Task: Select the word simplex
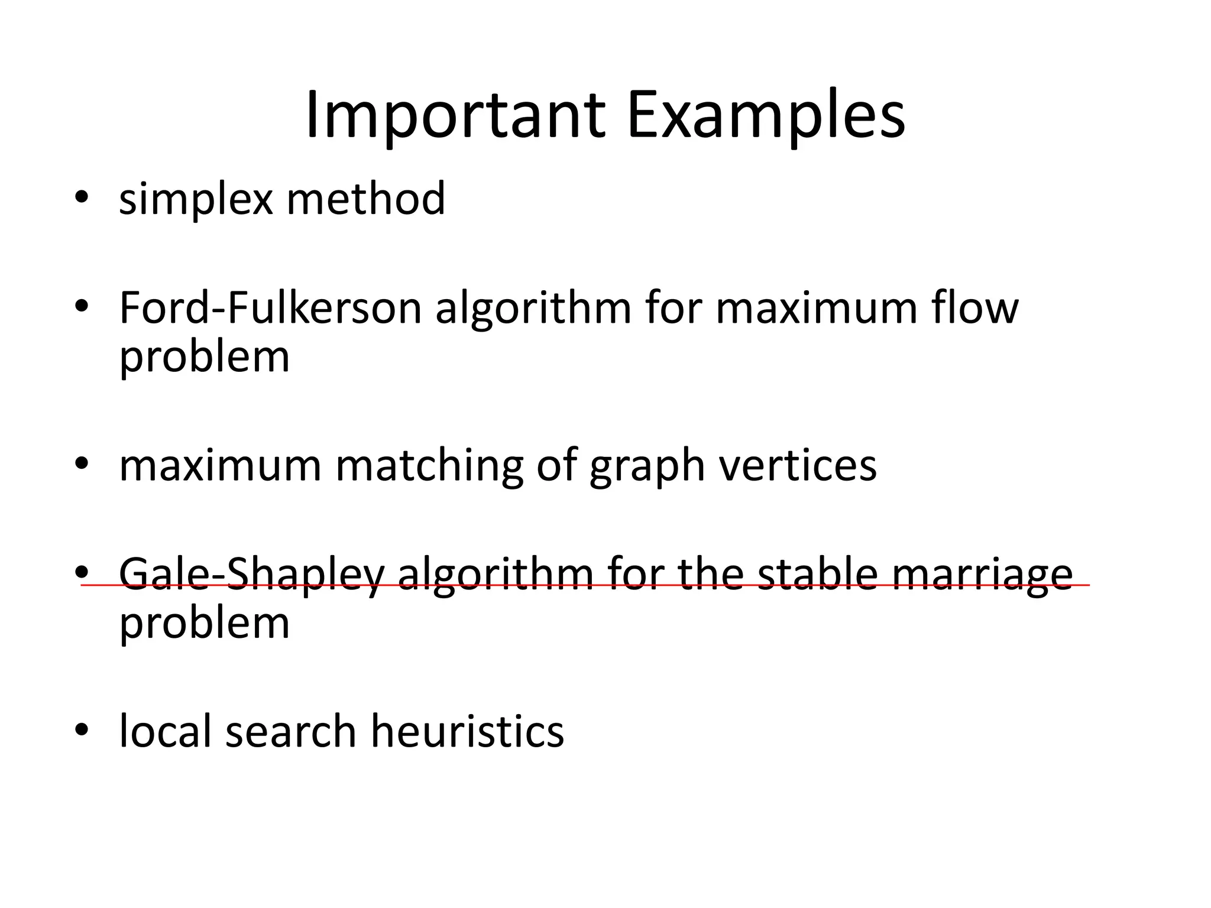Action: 196,199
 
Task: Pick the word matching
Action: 429,465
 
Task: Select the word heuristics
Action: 467,731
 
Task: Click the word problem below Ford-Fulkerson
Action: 205,358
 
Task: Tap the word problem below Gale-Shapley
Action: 205,624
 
